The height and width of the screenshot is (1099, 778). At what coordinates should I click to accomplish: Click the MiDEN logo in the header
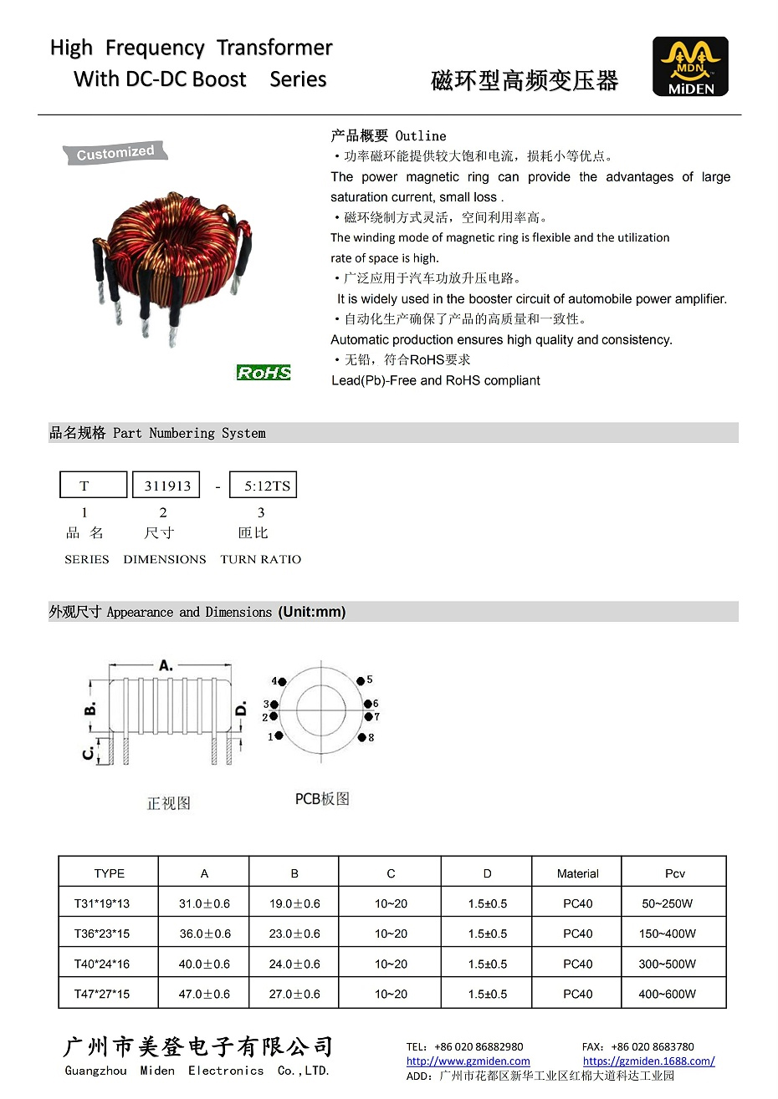(690, 67)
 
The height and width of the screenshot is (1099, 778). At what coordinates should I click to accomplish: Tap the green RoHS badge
(264, 373)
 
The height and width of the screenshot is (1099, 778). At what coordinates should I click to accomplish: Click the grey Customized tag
(115, 153)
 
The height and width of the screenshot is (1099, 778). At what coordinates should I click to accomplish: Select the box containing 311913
(166, 486)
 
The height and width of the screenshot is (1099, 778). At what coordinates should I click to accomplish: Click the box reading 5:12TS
(264, 486)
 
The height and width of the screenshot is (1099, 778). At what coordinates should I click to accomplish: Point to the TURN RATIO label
(260, 559)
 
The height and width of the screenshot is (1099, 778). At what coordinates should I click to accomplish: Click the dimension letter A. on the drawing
(166, 665)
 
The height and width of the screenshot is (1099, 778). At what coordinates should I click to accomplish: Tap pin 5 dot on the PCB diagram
(361, 681)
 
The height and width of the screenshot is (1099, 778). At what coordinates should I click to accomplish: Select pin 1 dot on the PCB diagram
(279, 736)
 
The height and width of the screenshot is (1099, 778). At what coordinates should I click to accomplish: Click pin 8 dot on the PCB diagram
(362, 737)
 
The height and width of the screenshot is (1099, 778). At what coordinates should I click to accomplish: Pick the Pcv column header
(674, 873)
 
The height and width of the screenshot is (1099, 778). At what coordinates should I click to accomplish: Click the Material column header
(577, 873)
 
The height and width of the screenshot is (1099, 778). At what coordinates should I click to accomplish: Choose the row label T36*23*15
(102, 934)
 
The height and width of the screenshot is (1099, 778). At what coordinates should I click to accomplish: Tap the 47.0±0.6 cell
(204, 994)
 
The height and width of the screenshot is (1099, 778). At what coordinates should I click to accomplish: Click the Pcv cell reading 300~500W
(667, 964)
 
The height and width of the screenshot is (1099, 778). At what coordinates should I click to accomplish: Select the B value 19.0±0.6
(294, 903)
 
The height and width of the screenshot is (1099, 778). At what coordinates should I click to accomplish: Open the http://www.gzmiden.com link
(468, 1061)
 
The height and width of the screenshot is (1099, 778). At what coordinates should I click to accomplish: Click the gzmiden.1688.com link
(648, 1061)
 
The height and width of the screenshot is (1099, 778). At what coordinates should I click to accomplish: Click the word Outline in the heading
(421, 136)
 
